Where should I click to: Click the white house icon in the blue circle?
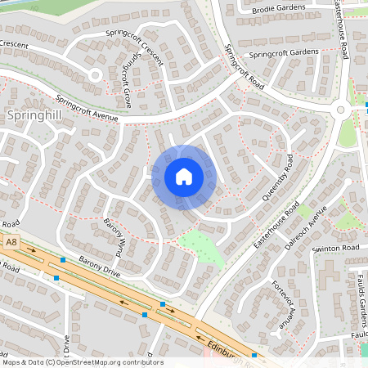[183, 176]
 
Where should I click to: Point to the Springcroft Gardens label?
[283, 53]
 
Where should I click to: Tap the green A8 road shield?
[11, 242]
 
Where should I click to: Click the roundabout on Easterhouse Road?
[342, 110]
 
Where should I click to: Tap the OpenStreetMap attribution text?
[82, 361]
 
